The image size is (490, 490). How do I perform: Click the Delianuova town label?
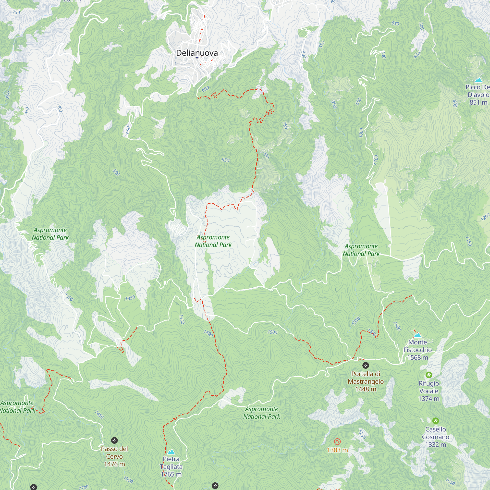[x=197, y=53]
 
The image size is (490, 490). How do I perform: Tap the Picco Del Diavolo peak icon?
[x=478, y=80]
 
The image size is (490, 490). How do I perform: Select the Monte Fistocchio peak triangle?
[x=417, y=335]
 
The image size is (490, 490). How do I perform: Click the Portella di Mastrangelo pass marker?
[x=366, y=365]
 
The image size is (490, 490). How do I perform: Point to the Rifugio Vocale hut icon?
[x=429, y=375]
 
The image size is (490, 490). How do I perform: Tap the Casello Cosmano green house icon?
[x=435, y=421]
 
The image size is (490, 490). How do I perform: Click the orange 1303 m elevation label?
[x=337, y=450]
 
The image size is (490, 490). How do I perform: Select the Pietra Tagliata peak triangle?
[x=171, y=452]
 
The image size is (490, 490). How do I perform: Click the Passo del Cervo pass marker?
[x=114, y=440]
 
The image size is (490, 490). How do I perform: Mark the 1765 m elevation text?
[x=171, y=474]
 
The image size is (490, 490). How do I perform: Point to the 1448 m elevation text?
[x=366, y=389]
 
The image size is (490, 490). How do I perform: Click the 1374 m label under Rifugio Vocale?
[x=429, y=398]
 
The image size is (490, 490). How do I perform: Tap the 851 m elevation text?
[x=478, y=102]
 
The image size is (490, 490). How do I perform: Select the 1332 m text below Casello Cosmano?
[x=435, y=444]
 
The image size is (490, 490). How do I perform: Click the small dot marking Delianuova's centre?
[x=197, y=57]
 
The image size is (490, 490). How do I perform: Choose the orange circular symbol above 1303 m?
[x=337, y=442]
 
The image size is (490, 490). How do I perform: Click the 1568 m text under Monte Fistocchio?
[x=417, y=357]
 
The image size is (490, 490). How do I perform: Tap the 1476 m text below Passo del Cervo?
[x=114, y=464]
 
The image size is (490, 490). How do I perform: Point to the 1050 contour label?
[x=450, y=481]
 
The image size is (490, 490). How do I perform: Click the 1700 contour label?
[x=84, y=487]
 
